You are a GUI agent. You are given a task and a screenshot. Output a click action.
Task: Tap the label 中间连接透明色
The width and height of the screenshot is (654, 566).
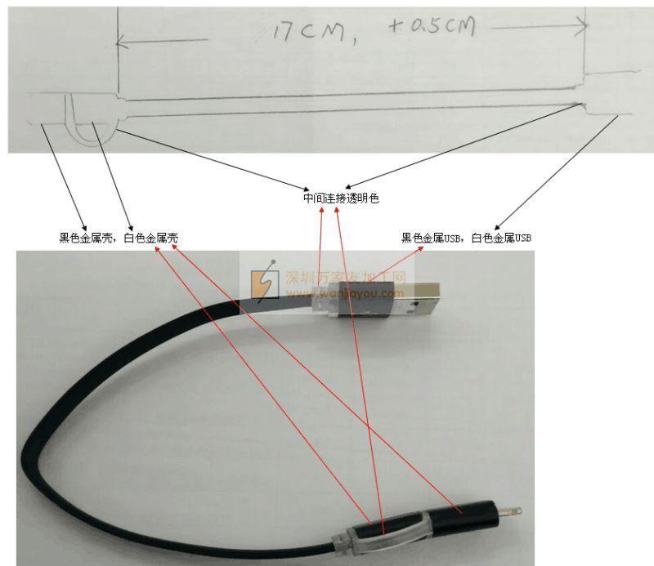coord(341,198)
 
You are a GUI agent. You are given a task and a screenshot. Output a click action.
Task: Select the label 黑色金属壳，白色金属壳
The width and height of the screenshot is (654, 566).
coord(119,238)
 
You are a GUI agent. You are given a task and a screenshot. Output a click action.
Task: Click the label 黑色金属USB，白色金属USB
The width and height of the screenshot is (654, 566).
coord(466,238)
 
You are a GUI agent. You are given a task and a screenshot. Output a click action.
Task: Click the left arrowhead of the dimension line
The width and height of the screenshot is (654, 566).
coord(121,42)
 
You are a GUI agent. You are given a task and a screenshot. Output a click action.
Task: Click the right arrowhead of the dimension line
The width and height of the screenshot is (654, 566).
coord(582,27)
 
